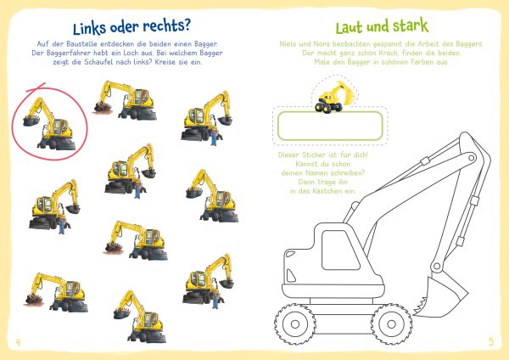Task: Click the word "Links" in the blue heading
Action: coord(89,28)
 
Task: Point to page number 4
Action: coord(18,342)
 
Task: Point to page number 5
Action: coord(491,341)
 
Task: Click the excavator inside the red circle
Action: coord(48,125)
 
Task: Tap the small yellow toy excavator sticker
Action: coord(334,97)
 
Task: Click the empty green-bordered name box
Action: coord(330,126)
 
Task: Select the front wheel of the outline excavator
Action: coord(391,323)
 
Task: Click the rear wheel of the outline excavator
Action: coord(295,323)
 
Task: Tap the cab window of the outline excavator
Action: coord(339,250)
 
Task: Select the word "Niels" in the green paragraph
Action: coord(288,44)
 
